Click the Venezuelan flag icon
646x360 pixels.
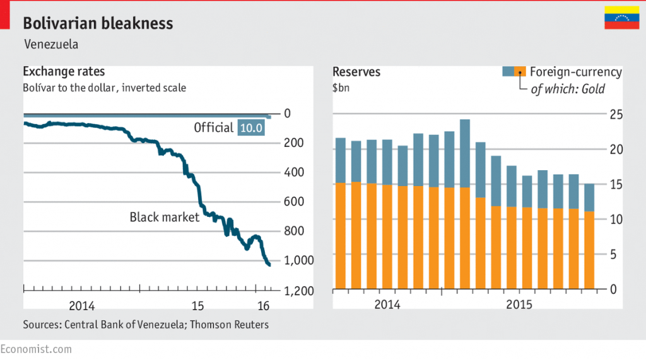click(622, 18)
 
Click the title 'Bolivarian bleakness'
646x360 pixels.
click(98, 24)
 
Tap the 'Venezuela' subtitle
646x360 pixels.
click(51, 45)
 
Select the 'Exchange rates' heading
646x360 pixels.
click(64, 72)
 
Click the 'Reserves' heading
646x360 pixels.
click(356, 72)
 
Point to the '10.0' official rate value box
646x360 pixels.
click(250, 128)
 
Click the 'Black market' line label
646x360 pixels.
click(164, 218)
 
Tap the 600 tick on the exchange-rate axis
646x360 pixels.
click(295, 202)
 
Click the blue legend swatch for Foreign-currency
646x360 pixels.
click(508, 72)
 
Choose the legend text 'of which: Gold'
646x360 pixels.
click(568, 89)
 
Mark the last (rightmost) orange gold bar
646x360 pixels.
click(589, 250)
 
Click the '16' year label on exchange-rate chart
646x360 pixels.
click(264, 306)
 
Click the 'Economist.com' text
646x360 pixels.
click(36, 349)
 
